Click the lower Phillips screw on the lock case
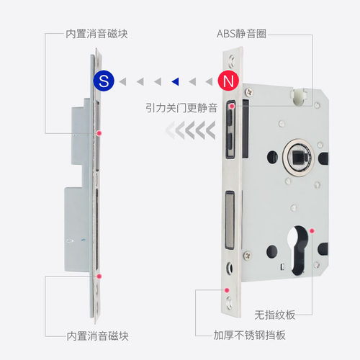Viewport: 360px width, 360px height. coord(247,254)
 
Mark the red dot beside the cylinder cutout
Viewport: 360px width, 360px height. coord(312,230)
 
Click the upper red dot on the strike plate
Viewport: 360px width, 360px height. coord(99,134)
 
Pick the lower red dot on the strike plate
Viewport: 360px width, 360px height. coord(99,276)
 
